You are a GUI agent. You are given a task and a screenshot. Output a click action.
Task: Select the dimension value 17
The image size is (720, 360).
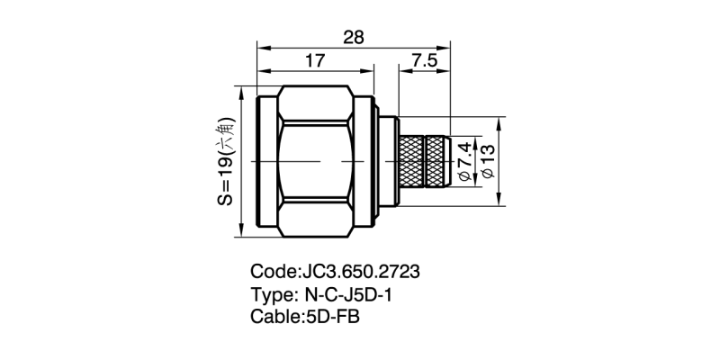(x=314, y=61)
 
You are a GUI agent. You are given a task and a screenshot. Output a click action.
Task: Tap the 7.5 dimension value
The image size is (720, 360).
(x=425, y=61)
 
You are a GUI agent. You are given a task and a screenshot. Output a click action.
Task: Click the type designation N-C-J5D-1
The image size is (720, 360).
(x=351, y=294)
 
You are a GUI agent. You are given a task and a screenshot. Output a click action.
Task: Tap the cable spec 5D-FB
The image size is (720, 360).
(x=331, y=317)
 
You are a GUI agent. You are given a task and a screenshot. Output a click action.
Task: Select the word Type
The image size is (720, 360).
(x=270, y=294)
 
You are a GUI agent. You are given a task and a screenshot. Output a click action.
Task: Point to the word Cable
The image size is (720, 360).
(x=274, y=317)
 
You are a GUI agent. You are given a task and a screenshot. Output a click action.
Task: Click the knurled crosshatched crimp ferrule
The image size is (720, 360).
(x=422, y=162)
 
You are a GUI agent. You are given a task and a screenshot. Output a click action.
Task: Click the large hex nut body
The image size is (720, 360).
(x=315, y=162)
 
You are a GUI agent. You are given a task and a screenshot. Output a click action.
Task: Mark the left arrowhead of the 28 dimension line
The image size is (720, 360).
(x=262, y=42)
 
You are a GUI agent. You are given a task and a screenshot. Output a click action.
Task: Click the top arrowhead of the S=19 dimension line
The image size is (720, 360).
(x=240, y=91)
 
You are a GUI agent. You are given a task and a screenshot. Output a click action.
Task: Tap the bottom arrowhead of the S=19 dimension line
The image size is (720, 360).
(x=240, y=233)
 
